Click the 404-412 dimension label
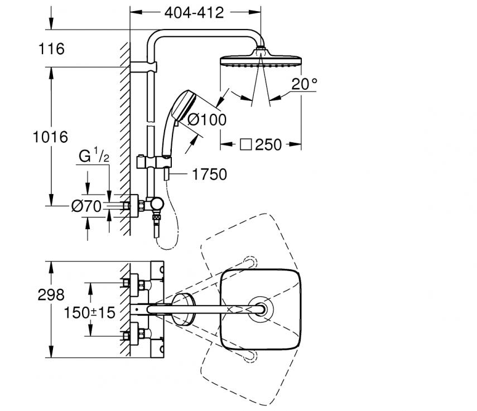click(x=195, y=12)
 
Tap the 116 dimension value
click(x=52, y=49)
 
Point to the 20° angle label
click(x=304, y=84)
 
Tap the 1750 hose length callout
click(x=210, y=175)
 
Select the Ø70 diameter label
click(x=86, y=206)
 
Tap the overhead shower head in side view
click(x=261, y=60)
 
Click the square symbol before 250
click(x=245, y=145)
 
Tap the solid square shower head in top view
click(x=260, y=308)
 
